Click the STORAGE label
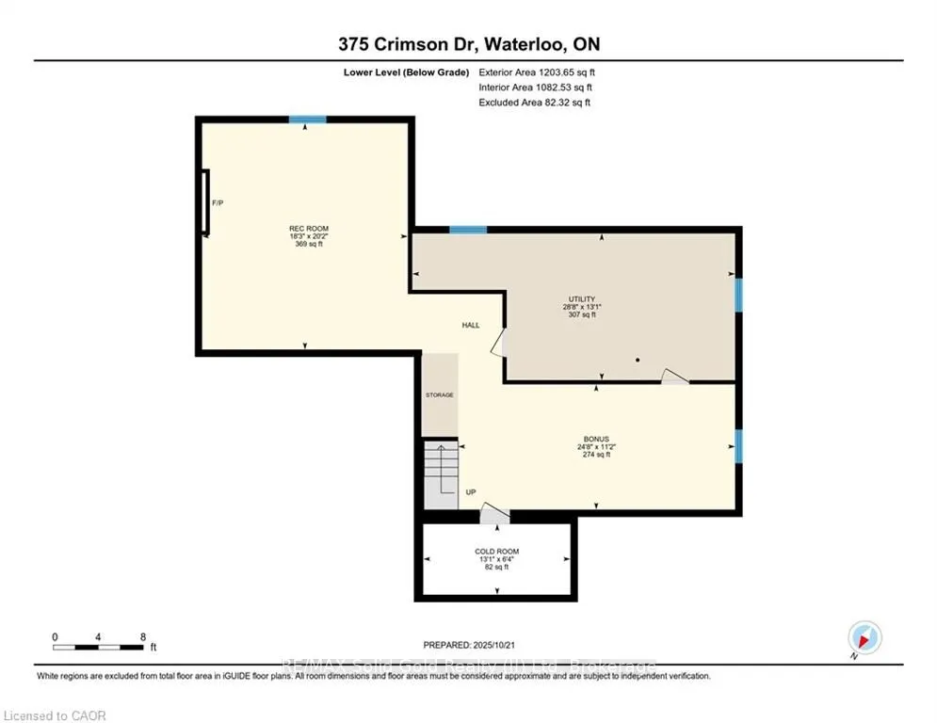point(439,394)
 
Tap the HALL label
point(471,325)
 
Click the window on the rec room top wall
point(307,120)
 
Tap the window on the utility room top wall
point(467,230)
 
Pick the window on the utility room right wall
point(738,294)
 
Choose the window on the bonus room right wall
point(738,446)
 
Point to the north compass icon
point(865,637)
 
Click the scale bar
point(98,647)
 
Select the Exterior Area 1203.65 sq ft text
point(538,72)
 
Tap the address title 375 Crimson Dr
point(468,43)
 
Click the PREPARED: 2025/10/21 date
point(468,645)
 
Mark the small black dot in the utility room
point(638,360)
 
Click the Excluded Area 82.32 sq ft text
point(535,103)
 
